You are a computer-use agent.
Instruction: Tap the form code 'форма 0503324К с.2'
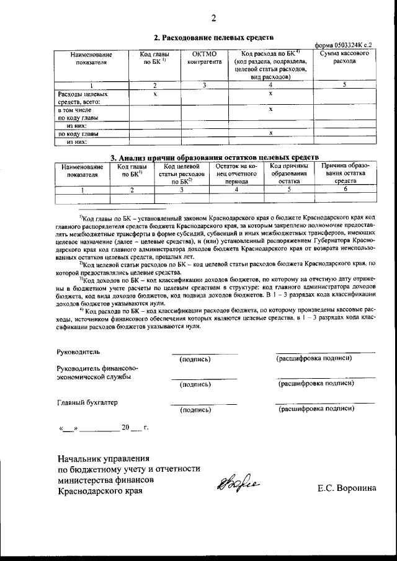pyautogui.click(x=343, y=45)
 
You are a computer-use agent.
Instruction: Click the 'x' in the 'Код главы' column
pyautogui.click(x=154, y=94)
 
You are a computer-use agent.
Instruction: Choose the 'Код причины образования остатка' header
pyautogui.click(x=289, y=174)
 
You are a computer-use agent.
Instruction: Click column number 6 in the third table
pyautogui.click(x=345, y=190)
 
